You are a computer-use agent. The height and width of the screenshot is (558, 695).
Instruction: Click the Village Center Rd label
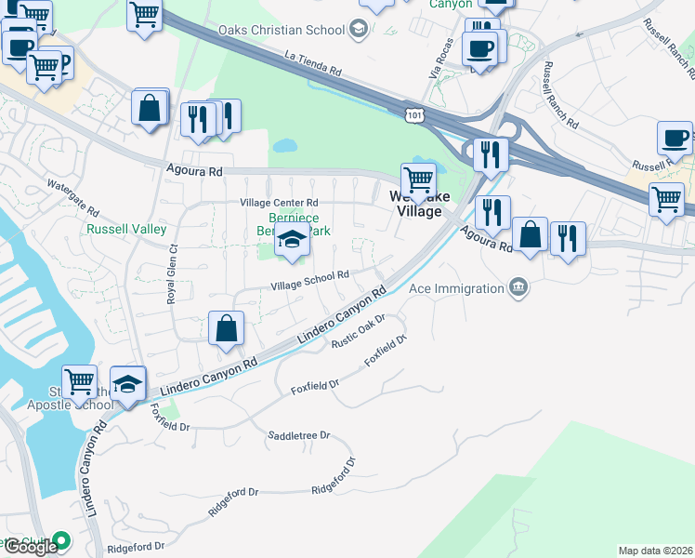(279, 203)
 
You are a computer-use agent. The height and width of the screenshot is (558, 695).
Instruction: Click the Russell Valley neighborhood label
(126, 229)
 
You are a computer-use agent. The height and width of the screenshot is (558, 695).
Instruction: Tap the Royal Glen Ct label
(171, 274)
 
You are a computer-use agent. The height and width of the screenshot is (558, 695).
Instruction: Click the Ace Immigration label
(456, 288)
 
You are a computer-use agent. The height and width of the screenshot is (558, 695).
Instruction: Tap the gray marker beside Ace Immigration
(519, 288)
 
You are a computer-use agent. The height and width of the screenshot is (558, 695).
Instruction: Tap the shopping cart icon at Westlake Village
(418, 179)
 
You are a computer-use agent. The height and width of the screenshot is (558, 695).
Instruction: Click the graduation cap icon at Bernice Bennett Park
(292, 239)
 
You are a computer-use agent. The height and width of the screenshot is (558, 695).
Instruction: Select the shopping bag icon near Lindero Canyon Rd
(226, 328)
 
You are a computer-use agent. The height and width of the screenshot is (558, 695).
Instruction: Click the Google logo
(31, 547)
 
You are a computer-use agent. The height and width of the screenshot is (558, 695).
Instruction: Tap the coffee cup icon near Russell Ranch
(675, 138)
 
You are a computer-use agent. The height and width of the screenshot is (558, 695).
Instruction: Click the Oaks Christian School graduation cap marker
(357, 30)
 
